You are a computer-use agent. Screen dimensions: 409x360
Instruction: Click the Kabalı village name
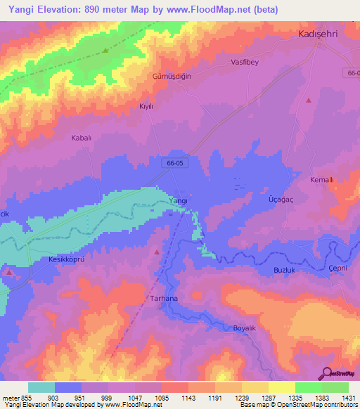(82, 138)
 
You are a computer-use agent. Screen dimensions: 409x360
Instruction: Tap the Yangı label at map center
(179, 201)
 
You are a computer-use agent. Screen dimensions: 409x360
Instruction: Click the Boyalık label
(247, 328)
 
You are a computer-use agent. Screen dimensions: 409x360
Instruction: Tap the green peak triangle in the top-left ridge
(105, 50)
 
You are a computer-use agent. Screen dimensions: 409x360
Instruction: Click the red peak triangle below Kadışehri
(309, 100)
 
